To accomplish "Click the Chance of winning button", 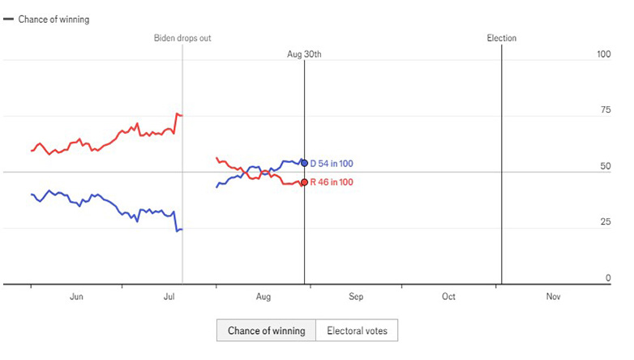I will [x=266, y=331].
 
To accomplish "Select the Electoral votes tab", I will [x=357, y=331].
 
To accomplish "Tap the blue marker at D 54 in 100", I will [x=304, y=163].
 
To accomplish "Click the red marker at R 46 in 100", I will [x=304, y=182].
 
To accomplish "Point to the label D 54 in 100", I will [x=332, y=164].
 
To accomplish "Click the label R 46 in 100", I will [x=332, y=182].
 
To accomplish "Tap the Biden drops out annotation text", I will [x=182, y=38].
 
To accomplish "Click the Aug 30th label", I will [x=304, y=54].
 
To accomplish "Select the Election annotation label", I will [x=501, y=38].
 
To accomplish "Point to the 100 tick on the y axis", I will [x=603, y=54].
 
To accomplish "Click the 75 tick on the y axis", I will [x=605, y=110].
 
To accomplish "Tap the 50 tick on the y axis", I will [x=605, y=166].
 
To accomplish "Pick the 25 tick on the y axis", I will [x=605, y=222].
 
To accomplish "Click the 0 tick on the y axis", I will [x=607, y=278].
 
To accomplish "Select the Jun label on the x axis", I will [x=76, y=298].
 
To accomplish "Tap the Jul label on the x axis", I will [x=169, y=298].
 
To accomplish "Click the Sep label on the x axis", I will [x=356, y=298].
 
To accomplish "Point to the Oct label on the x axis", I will [x=448, y=298].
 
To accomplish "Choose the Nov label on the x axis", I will [x=553, y=298].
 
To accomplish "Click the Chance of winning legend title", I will [x=54, y=19].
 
